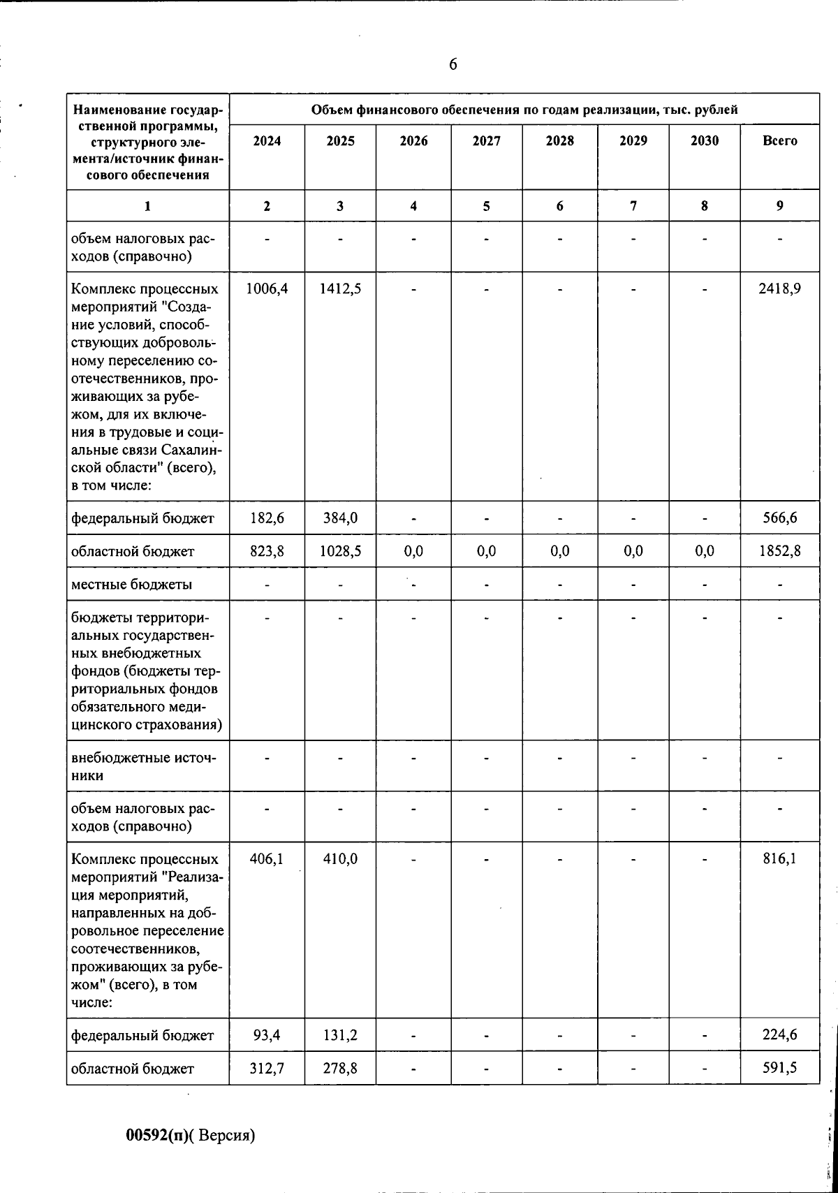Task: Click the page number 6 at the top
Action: click(x=453, y=65)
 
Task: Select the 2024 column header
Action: click(x=267, y=141)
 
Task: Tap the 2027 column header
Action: click(x=486, y=141)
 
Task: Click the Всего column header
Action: click(x=779, y=141)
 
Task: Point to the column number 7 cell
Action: click(x=633, y=206)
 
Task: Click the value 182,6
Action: click(x=267, y=518)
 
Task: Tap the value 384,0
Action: click(x=340, y=518)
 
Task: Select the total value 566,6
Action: click(x=779, y=518)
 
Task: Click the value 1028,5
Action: click(x=340, y=552)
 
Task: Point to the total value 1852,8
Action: click(x=779, y=552)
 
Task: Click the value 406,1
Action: click(x=267, y=859)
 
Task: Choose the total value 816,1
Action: click(x=779, y=859)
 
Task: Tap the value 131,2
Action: click(x=340, y=1035)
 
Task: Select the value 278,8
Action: click(x=340, y=1069)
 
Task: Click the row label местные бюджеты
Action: click(x=131, y=584)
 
